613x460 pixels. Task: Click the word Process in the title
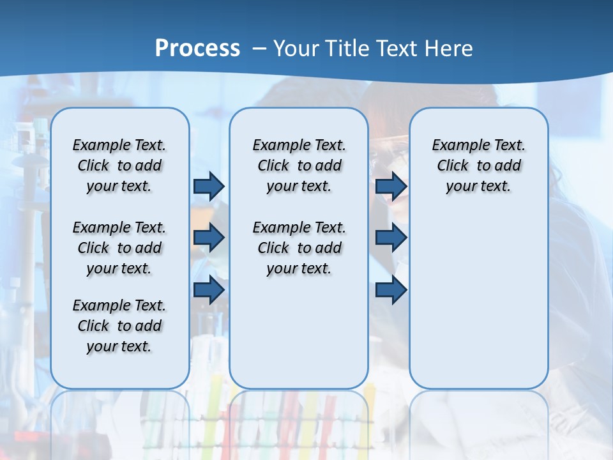click(x=197, y=48)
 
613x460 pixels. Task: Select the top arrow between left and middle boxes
click(x=209, y=186)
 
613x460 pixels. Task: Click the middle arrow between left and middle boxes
click(x=209, y=238)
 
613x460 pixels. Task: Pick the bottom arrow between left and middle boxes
click(x=209, y=289)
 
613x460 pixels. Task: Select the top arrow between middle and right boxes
click(x=391, y=186)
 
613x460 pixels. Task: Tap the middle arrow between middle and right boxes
click(x=391, y=238)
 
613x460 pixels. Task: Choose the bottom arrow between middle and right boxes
click(x=391, y=289)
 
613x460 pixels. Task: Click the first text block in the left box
click(x=119, y=165)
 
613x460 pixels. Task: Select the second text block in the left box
click(x=119, y=248)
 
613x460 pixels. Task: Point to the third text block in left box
click(x=119, y=326)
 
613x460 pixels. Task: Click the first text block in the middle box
click(x=299, y=165)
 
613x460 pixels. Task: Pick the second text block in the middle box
click(x=299, y=248)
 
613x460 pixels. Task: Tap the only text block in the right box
click(x=478, y=165)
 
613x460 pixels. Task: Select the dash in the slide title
click(x=260, y=49)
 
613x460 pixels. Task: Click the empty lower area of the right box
click(x=478, y=300)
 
